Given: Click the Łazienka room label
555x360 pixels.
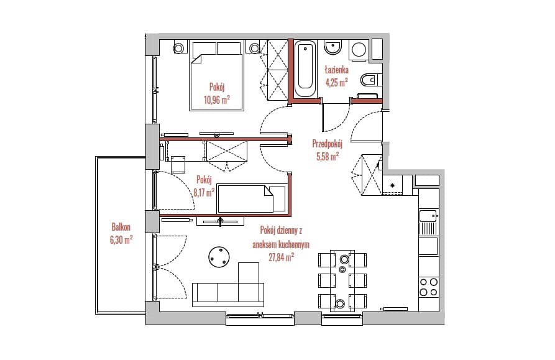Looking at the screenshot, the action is coord(337,70).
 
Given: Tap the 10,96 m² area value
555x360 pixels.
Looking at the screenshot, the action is coord(217,100).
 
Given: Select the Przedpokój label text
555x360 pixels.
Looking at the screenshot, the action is coord(328,144).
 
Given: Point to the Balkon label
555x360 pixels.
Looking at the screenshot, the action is coord(121,226).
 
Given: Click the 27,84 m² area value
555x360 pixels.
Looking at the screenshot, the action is coord(282,257).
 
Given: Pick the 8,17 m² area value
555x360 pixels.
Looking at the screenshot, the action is coord(204,193).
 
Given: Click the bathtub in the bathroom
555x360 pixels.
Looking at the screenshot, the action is coord(306,70).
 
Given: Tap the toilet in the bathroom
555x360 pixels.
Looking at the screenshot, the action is coord(370,80).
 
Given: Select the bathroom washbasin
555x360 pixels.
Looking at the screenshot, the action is coord(333,47).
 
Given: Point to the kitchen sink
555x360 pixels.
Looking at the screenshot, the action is coord(428,216).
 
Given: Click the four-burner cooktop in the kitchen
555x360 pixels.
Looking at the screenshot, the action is coord(429,287).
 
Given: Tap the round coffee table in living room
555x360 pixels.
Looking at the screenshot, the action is coord(219,257).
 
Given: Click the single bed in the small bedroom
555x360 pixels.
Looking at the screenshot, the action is coord(252,198).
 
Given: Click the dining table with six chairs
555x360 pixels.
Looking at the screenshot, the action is coord(342,281).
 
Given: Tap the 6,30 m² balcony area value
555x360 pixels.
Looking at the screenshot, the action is coord(121,241).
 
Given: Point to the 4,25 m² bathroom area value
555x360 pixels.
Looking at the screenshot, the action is coord(337,83).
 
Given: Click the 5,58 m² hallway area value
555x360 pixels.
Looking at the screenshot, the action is coord(328,157).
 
